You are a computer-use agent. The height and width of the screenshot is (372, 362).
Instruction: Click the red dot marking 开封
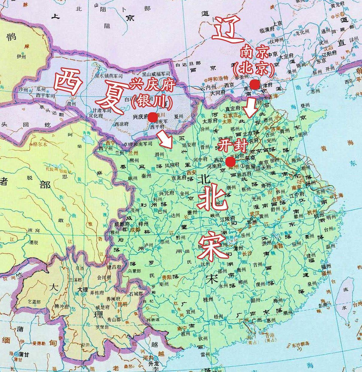(x=230, y=162)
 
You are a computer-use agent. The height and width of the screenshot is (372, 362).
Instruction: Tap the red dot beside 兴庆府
(x=153, y=117)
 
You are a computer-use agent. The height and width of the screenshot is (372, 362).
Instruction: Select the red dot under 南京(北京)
(x=254, y=84)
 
